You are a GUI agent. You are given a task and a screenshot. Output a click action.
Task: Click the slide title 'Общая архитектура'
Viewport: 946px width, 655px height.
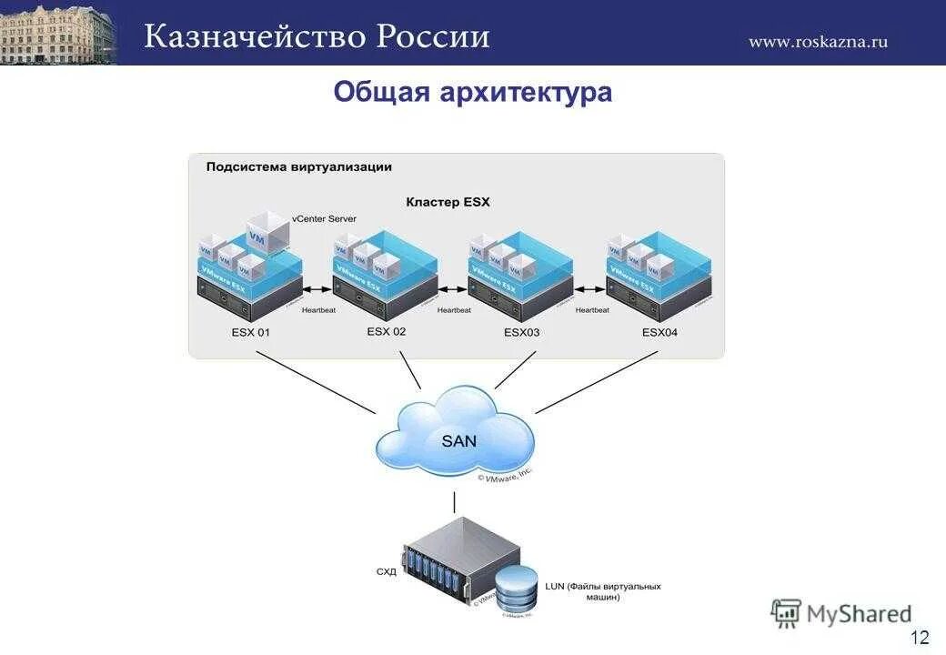click(x=472, y=93)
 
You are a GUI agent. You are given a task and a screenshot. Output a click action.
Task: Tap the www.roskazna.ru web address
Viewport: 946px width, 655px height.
click(x=818, y=41)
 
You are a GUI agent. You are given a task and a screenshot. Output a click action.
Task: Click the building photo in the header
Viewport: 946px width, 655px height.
click(x=58, y=33)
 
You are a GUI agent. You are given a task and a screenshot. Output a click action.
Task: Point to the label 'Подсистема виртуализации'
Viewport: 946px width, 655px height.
click(x=298, y=166)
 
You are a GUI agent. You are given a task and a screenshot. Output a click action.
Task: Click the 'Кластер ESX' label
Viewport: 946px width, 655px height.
click(x=448, y=202)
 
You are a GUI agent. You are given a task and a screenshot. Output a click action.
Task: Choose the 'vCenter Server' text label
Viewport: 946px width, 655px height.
click(x=324, y=219)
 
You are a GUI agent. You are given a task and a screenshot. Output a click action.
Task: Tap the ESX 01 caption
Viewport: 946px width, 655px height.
click(x=250, y=332)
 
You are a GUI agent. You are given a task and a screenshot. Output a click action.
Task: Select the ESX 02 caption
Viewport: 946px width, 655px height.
click(x=387, y=331)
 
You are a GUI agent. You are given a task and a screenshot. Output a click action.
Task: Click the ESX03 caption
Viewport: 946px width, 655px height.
click(x=521, y=332)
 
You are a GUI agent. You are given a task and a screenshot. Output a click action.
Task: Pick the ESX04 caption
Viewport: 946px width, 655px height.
click(x=659, y=332)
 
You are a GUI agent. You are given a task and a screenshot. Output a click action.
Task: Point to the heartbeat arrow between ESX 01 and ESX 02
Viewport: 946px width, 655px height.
click(x=317, y=289)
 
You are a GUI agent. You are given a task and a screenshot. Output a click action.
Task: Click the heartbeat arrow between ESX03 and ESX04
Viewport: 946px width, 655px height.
click(x=590, y=289)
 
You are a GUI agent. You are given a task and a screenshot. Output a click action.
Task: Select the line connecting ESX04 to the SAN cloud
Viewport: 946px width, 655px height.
click(x=596, y=382)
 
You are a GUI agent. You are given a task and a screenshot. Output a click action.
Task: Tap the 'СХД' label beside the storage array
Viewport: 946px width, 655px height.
click(x=387, y=572)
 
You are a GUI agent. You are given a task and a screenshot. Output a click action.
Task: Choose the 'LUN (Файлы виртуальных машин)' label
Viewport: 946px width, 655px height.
click(x=602, y=592)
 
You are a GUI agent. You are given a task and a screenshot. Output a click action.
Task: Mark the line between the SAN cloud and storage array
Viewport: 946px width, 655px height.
click(x=455, y=502)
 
